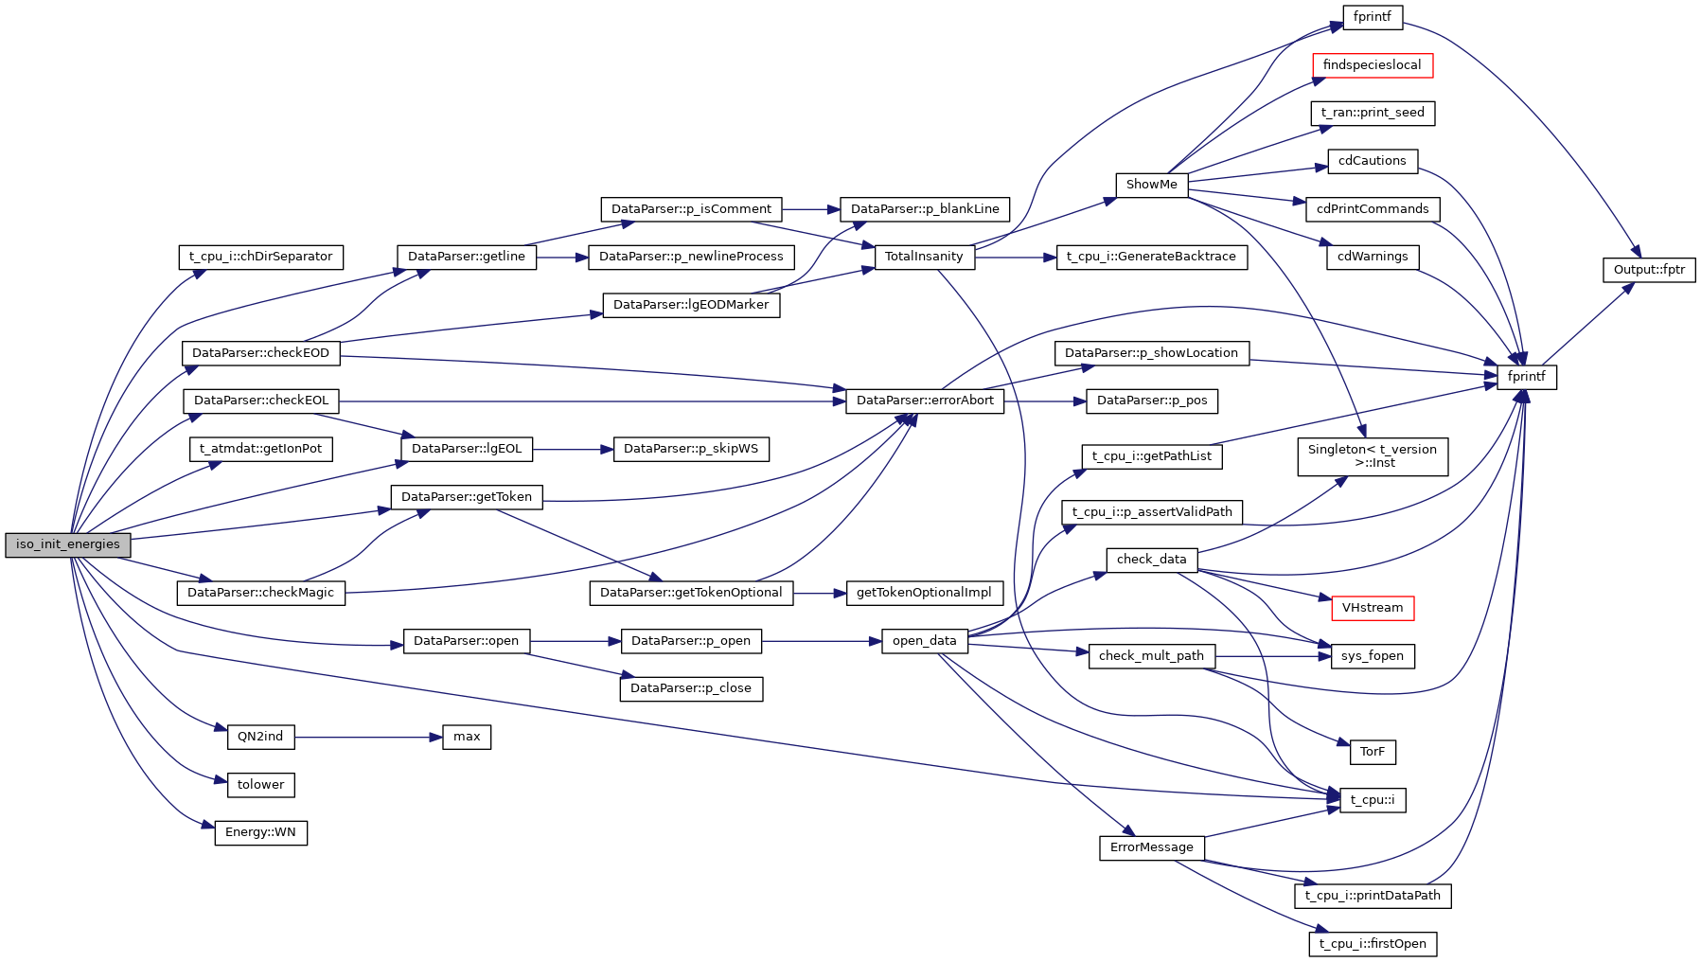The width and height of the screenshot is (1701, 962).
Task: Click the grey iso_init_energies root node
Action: (67, 544)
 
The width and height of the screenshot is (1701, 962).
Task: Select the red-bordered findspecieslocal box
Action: (1372, 65)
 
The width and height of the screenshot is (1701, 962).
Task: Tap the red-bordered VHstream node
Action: (1372, 608)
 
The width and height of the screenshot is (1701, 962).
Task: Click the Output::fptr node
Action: (1648, 270)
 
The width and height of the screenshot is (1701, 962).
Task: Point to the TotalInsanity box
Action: (924, 257)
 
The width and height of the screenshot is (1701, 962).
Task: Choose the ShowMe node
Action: (1151, 185)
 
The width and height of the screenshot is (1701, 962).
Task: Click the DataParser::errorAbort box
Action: (925, 401)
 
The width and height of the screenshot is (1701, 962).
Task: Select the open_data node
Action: (924, 641)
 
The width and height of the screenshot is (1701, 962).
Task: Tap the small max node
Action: (467, 737)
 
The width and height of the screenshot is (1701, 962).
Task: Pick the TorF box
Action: (1372, 752)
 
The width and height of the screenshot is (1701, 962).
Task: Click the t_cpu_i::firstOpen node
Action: (1372, 944)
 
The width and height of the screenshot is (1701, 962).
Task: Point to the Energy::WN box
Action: (260, 833)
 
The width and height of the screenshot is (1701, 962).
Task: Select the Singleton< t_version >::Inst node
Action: (1372, 456)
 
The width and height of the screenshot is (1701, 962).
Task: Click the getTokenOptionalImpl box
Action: (924, 593)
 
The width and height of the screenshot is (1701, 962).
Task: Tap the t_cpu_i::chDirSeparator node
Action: (260, 257)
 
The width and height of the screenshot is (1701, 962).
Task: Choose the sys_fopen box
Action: (1372, 656)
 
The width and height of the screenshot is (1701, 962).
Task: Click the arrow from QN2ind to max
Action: (368, 737)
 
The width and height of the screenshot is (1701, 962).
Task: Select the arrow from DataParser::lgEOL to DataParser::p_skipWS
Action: (573, 449)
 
